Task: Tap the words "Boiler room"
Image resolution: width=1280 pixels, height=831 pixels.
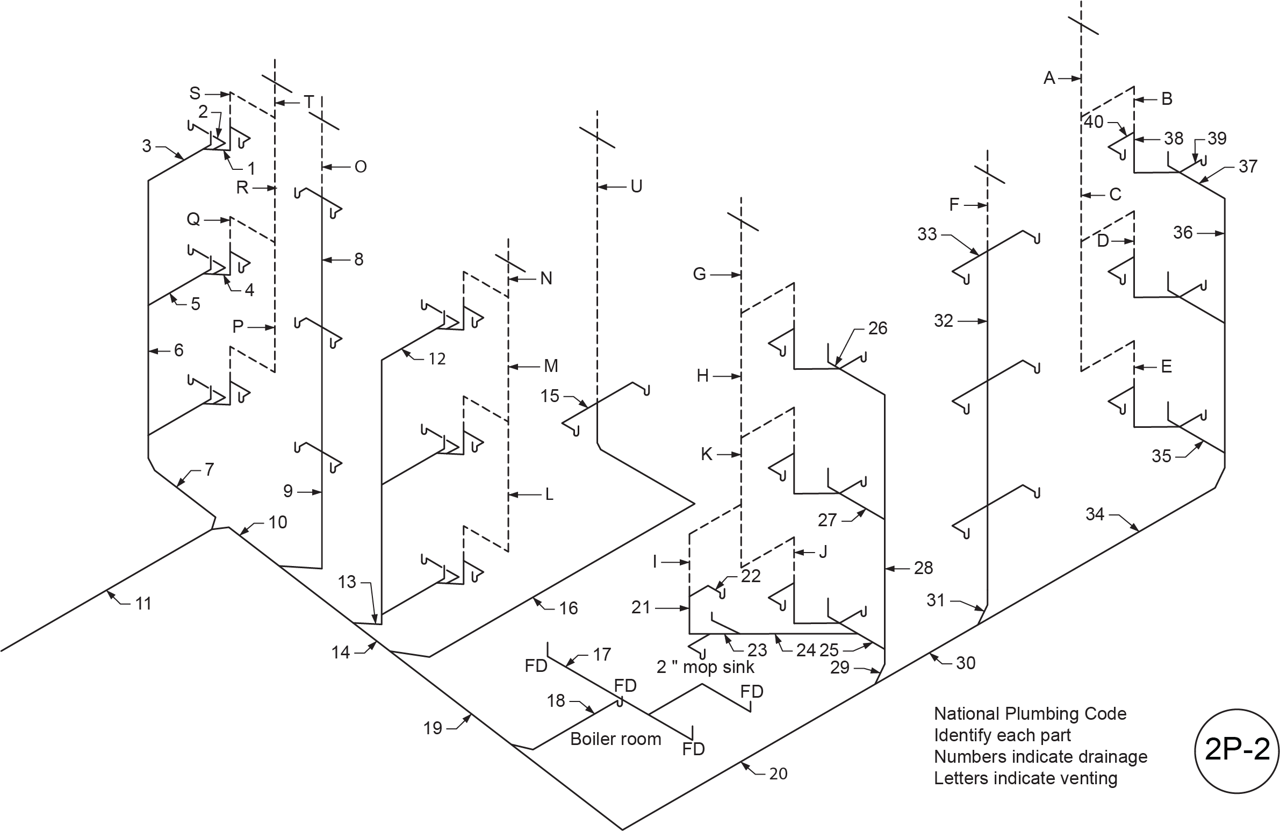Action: [615, 739]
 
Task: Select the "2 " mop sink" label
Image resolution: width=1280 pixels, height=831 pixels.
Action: [705, 667]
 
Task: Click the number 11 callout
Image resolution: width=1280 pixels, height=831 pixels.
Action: [143, 604]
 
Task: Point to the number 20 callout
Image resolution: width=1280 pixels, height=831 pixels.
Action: [778, 773]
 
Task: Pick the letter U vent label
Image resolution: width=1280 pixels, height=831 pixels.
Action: [636, 187]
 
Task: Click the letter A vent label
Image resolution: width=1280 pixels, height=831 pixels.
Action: [1049, 78]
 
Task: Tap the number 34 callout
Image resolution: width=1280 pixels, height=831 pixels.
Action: [1095, 514]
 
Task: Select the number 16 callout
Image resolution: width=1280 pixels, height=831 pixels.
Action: [568, 608]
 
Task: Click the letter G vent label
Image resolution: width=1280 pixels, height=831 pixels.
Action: [699, 274]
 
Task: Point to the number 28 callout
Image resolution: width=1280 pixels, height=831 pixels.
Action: [923, 568]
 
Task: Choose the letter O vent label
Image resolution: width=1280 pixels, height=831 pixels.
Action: [361, 167]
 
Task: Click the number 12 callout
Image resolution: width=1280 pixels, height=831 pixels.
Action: [437, 359]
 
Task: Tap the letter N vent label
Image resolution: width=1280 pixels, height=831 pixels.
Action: [546, 278]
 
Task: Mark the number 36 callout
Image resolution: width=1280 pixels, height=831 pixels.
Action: [1183, 233]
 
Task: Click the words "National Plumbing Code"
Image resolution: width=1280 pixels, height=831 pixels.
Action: [1030, 714]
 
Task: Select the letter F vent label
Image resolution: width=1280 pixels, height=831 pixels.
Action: [954, 204]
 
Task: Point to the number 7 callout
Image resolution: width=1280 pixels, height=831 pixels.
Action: [209, 470]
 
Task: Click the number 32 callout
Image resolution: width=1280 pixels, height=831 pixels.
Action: [943, 321]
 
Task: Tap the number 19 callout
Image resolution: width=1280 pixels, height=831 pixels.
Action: [433, 728]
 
